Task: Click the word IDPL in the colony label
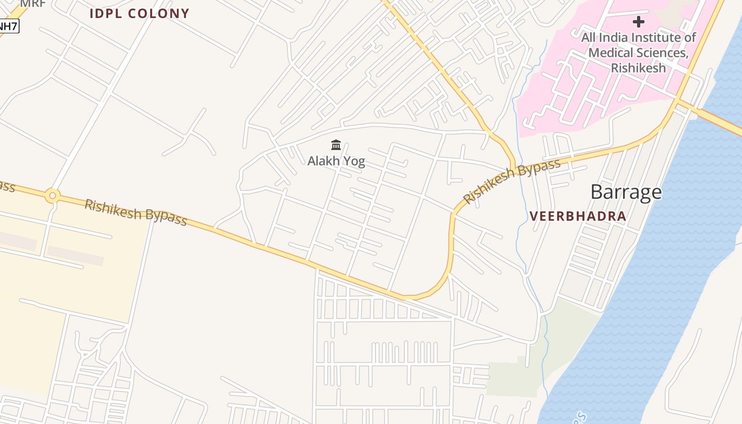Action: point(106,14)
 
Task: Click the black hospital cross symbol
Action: point(639,22)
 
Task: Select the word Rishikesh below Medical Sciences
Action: point(638,68)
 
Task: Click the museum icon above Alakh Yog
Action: point(336,145)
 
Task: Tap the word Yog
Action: point(354,161)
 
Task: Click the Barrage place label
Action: point(626,192)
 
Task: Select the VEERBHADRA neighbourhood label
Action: point(578,216)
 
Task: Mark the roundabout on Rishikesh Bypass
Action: point(52,196)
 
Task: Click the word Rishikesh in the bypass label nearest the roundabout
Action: point(112,209)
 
